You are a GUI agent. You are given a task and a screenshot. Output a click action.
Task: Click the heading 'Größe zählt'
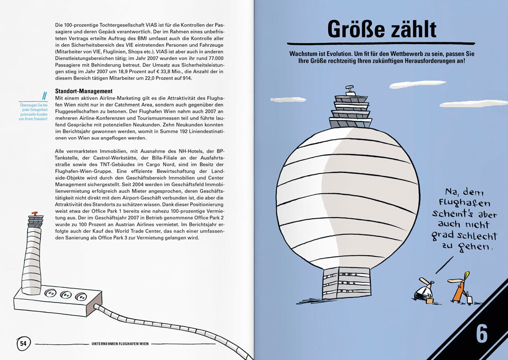click(x=382, y=29)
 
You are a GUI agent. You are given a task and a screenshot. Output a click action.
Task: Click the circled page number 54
click(x=23, y=344)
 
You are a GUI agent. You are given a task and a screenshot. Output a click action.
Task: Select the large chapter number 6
click(x=482, y=334)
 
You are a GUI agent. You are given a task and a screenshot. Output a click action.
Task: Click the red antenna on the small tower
click(x=35, y=214)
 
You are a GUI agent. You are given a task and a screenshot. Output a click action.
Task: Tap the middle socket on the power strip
click(x=65, y=294)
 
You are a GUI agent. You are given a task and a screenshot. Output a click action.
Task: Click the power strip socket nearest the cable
click(x=79, y=296)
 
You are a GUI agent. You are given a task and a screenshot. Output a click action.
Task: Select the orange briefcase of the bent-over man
click(x=430, y=301)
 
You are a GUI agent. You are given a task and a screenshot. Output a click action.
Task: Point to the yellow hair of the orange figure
click(x=466, y=276)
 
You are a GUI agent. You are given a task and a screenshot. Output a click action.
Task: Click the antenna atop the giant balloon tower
click(x=349, y=91)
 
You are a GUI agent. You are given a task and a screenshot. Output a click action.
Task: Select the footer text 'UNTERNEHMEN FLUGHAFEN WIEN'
click(x=120, y=344)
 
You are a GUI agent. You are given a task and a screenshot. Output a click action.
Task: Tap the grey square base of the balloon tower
click(x=347, y=283)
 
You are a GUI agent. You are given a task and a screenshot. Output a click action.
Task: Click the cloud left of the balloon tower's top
click(x=288, y=100)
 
